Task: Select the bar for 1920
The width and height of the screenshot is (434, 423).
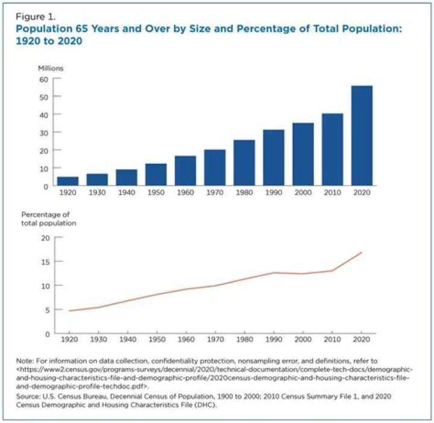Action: tap(68, 181)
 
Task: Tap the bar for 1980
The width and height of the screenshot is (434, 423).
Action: tap(244, 163)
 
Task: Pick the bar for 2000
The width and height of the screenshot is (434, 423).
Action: tap(303, 154)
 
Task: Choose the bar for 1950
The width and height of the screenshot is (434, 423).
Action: tap(156, 174)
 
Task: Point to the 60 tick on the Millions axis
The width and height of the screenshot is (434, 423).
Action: tap(43, 79)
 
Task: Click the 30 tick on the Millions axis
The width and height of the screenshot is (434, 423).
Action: tap(43, 132)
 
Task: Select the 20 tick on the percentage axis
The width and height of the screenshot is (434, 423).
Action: tap(43, 237)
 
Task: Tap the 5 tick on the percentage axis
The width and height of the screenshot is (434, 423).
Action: tap(45, 310)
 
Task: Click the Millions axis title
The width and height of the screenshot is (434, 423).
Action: tap(51, 68)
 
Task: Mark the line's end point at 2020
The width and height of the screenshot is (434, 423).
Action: tap(362, 252)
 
